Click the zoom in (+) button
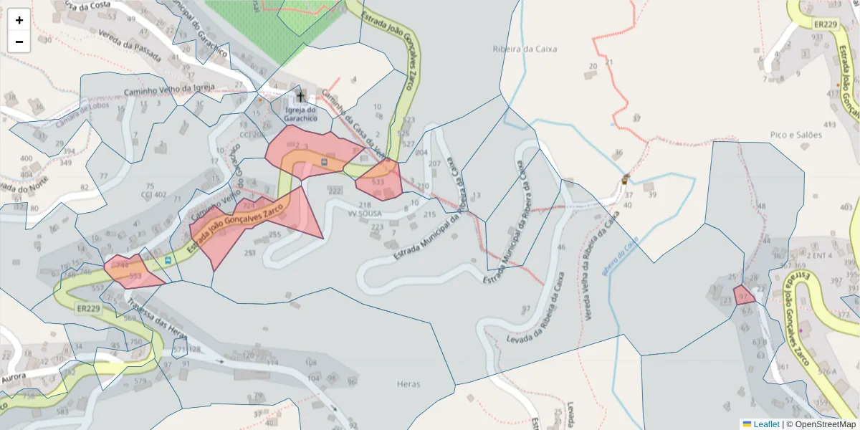pyautogui.click(x=19, y=20)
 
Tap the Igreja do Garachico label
pyautogui.click(x=300, y=113)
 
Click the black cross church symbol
pyautogui.click(x=300, y=96)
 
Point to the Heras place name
pyautogui.click(x=408, y=384)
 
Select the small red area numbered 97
pyautogui.click(x=744, y=295)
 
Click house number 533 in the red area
pyautogui.click(x=378, y=182)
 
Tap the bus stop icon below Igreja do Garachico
pyautogui.click(x=325, y=163)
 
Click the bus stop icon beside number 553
pyautogui.click(x=168, y=261)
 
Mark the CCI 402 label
pyautogui.click(x=153, y=195)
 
